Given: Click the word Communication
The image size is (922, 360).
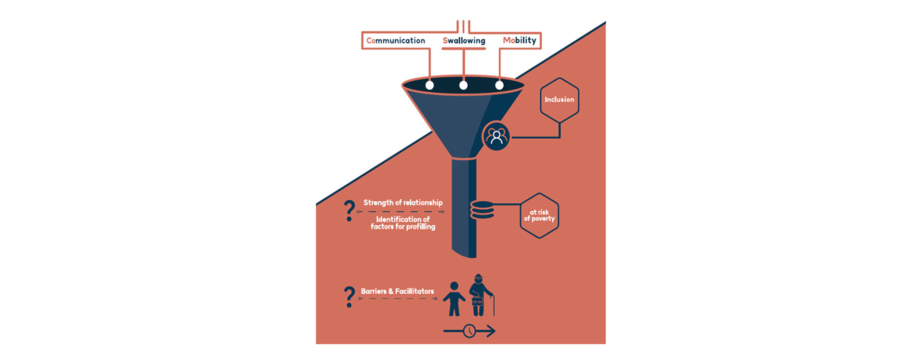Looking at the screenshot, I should [395, 41].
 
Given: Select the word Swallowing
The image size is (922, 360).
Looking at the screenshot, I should [464, 41].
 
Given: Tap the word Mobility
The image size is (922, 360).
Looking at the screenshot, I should [520, 40].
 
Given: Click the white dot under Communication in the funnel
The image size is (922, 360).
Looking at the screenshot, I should [430, 85].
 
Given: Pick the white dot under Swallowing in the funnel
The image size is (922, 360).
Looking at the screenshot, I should [463, 85].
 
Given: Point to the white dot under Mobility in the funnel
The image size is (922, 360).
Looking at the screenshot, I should [499, 85].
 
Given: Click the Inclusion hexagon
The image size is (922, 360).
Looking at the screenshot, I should [559, 100].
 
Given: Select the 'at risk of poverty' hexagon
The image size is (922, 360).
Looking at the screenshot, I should [539, 216].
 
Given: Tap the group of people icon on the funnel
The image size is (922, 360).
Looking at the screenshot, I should [496, 137].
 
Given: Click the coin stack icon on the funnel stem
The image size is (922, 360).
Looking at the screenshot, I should [482, 210].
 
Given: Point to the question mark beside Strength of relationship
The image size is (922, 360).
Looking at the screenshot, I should [349, 211].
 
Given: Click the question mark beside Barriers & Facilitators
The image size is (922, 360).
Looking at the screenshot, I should [349, 297].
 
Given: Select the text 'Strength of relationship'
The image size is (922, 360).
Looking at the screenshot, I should [403, 203].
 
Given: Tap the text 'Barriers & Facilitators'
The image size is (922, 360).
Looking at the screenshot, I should [397, 291].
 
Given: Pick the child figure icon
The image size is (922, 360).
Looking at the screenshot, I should [454, 299].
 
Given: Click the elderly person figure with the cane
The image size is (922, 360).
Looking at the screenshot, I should [478, 295].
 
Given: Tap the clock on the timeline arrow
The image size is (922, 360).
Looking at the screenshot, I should [470, 331].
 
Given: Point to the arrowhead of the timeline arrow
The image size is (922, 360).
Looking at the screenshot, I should [490, 331].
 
